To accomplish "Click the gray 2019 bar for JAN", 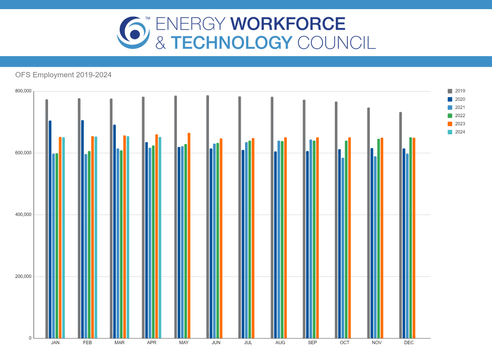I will (47, 218).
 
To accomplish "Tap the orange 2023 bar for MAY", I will (189, 235).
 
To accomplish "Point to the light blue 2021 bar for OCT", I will (343, 248).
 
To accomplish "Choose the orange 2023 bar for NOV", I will (381, 238).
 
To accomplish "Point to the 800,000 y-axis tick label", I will (23, 91).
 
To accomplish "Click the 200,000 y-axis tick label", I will (23, 276).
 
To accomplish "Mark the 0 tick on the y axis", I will (30, 338).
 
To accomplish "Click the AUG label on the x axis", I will (280, 343).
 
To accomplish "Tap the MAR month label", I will (120, 343).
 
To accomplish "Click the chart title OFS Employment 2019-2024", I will (63, 75).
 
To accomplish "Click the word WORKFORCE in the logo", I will (288, 24).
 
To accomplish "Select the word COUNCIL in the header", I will (336, 43).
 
